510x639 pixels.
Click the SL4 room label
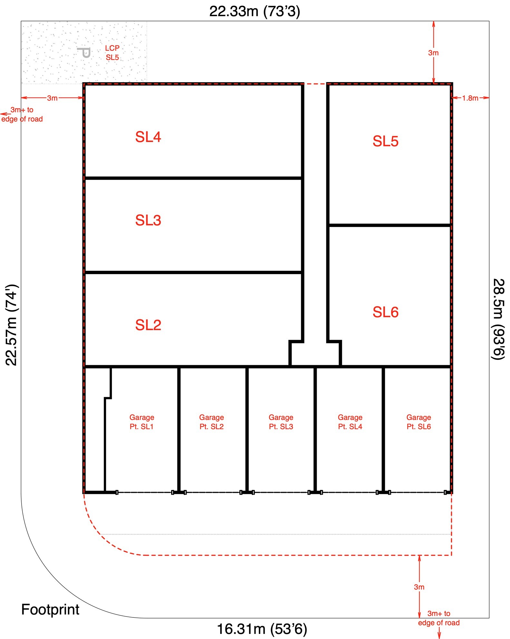coord(148,137)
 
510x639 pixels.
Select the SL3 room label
coord(148,220)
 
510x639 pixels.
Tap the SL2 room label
coord(148,325)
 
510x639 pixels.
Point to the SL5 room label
coord(385,141)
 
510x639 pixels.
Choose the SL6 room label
coord(385,312)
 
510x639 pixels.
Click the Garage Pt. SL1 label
coord(142,422)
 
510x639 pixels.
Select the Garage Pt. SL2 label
coord(211,422)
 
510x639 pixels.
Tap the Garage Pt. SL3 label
coord(281,422)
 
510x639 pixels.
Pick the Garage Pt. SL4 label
coord(350,422)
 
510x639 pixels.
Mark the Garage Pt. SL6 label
coord(419,422)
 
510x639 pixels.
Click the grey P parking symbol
coord(84,52)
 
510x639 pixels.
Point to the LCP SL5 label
coord(112,53)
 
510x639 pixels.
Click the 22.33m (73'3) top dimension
coord(255,11)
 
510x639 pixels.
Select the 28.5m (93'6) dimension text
coord(498,319)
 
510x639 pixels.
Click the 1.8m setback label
coord(470,98)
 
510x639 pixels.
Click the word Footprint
coord(50,610)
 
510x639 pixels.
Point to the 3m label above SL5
coord(433,53)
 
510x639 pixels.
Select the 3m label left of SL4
coord(52,98)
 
